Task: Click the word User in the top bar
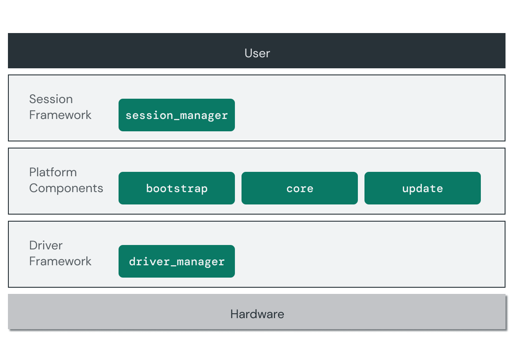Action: tap(257, 53)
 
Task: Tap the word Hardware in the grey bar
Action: tap(257, 314)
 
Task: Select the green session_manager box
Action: tap(176, 115)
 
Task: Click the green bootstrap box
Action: tap(176, 188)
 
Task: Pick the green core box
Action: tap(299, 188)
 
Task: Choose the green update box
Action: tap(422, 188)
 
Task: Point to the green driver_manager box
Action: tap(176, 261)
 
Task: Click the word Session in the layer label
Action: tap(51, 99)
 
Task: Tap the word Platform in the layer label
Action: tap(53, 172)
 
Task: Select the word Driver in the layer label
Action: tap(46, 245)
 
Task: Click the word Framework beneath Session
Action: tap(60, 115)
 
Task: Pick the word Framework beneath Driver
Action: tap(60, 261)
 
